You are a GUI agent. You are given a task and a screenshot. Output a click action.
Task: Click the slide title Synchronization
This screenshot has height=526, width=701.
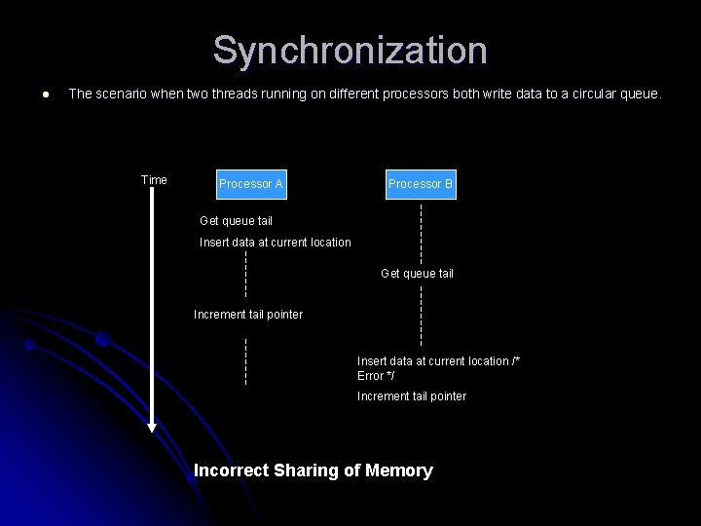(350, 51)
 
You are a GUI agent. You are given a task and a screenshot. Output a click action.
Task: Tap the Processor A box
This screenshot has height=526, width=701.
(251, 183)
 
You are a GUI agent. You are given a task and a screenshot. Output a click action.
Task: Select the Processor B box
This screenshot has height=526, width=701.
(421, 183)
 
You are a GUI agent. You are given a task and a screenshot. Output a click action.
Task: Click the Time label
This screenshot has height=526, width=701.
(154, 180)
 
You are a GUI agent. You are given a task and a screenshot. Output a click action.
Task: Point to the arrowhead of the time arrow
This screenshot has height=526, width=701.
(152, 427)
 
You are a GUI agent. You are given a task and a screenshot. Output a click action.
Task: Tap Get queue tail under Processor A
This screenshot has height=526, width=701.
(236, 221)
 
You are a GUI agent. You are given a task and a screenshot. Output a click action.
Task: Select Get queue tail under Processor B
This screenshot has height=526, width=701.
(417, 274)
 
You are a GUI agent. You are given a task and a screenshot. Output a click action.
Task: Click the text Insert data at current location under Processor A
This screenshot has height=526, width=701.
(276, 243)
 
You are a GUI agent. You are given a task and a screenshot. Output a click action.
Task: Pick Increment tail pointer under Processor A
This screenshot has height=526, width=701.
(248, 315)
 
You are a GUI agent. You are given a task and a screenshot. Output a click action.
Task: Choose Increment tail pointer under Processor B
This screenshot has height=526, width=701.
(412, 396)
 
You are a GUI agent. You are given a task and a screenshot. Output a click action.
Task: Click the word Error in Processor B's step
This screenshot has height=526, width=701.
(371, 376)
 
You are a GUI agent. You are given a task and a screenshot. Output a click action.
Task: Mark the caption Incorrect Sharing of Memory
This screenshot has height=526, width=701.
(314, 470)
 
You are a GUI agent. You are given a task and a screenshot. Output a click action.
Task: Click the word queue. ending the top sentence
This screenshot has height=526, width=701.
(642, 94)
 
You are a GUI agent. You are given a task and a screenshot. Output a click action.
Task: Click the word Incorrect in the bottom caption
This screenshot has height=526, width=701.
(231, 470)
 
